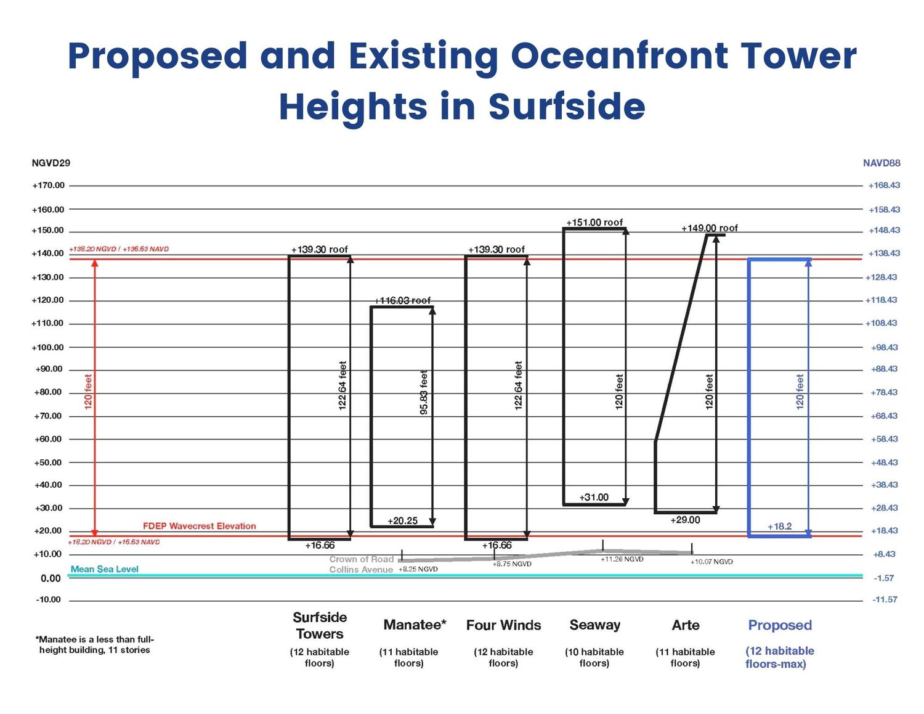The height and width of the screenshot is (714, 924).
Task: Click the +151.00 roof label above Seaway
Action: click(594, 223)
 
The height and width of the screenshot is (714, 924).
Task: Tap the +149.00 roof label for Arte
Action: click(709, 228)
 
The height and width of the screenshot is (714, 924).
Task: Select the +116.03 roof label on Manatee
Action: click(403, 300)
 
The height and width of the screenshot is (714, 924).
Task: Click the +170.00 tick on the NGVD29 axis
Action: click(48, 186)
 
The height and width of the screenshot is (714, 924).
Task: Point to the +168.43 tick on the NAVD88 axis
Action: click(884, 186)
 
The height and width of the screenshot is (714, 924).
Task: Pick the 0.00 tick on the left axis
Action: click(51, 578)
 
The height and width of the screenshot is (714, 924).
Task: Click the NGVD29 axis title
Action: click(51, 163)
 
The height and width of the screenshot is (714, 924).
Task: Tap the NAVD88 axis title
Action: click(881, 163)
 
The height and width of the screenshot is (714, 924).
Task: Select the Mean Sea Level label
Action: click(105, 569)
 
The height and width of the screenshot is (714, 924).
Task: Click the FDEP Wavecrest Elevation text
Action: click(199, 526)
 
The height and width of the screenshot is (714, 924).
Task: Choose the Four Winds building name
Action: click(503, 625)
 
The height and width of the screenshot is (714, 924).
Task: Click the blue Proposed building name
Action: click(780, 625)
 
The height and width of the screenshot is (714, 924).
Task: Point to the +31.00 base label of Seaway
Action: click(594, 497)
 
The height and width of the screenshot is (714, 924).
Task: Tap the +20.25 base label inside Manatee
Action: click(402, 521)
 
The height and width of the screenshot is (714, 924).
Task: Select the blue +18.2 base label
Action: click(779, 527)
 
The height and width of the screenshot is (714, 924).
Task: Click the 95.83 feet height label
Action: click(424, 392)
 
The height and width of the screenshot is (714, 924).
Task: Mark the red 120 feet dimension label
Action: click(88, 392)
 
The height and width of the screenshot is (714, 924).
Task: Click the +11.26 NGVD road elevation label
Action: click(622, 559)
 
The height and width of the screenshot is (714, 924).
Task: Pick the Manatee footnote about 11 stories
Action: click(95, 644)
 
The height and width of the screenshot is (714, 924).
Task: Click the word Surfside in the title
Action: click(567, 107)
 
